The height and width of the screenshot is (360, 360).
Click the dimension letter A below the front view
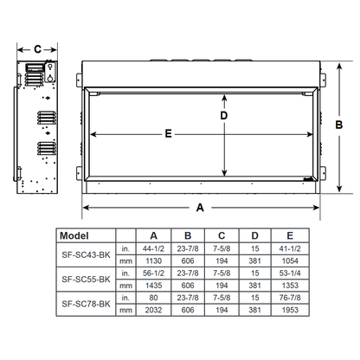201,207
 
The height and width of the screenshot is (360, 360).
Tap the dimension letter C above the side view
37,49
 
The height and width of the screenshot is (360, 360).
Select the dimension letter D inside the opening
223,115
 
